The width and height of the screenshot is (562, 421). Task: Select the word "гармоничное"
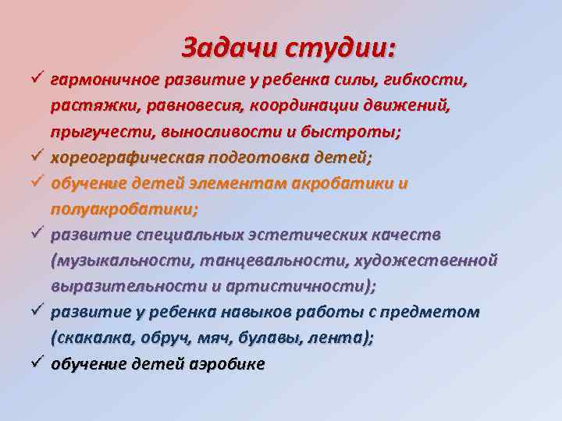click(102, 80)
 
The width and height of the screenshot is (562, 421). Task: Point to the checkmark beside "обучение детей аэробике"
click(37, 363)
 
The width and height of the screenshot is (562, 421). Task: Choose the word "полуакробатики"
click(124, 209)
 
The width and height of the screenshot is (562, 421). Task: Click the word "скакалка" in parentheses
click(86, 338)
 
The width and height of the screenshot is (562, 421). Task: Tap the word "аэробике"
click(226, 363)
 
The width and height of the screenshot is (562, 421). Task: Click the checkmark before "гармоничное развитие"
click(37, 80)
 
